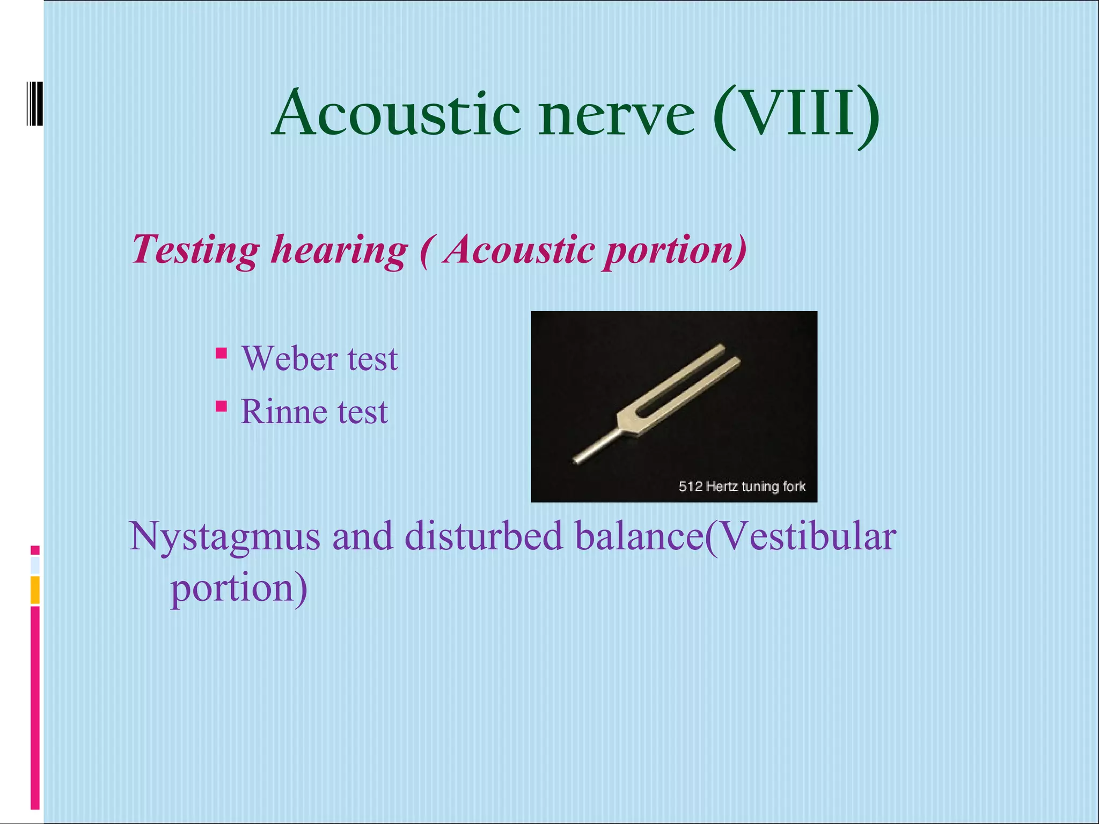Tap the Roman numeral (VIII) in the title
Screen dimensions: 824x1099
(x=796, y=115)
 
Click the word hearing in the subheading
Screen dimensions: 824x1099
(x=339, y=251)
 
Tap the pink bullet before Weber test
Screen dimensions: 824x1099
(x=221, y=353)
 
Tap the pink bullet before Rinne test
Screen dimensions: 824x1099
(x=221, y=406)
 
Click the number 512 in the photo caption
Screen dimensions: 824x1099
(x=690, y=487)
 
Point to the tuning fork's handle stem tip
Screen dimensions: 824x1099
(x=576, y=460)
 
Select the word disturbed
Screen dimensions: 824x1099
(x=483, y=536)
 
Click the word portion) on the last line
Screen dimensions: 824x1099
(x=239, y=589)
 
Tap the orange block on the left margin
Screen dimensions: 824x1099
(x=35, y=590)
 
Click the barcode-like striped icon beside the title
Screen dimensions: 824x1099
(x=34, y=104)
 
